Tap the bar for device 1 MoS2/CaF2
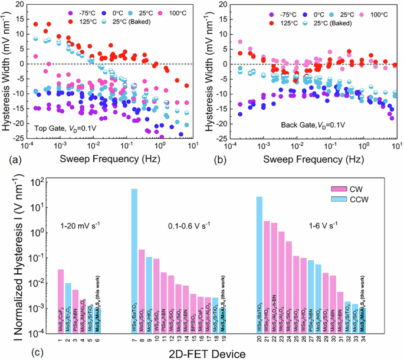[x=60, y=301]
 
